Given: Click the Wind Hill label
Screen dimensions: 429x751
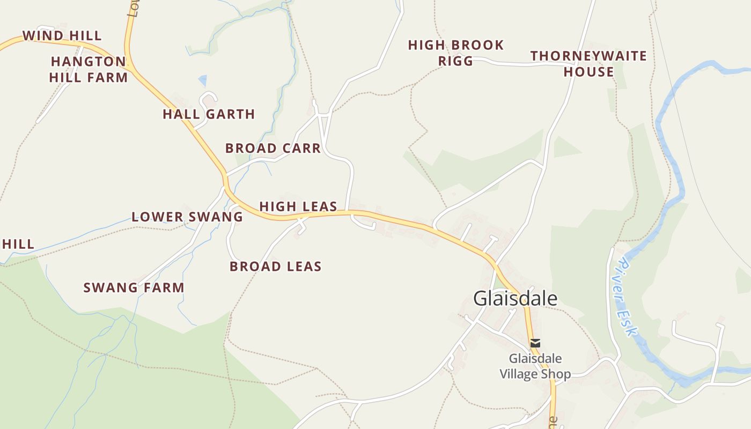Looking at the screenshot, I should click(x=62, y=36).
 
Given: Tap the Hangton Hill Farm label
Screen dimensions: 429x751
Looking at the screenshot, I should click(x=89, y=70).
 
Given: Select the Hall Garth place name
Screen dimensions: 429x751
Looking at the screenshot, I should click(x=209, y=114).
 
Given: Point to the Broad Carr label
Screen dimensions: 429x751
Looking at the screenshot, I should click(x=273, y=149).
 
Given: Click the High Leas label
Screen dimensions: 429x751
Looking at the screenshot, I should click(x=298, y=206).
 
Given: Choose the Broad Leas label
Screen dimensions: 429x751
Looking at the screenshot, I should click(x=276, y=267).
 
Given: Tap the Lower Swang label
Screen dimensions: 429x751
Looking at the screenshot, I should click(x=187, y=217).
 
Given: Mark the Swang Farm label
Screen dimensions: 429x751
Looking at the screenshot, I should click(x=134, y=287).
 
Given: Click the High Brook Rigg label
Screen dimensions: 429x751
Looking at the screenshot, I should click(x=456, y=53).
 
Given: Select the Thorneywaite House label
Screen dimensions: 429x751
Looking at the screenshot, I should click(x=588, y=64).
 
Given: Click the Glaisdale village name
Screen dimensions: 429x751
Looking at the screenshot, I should click(x=515, y=299).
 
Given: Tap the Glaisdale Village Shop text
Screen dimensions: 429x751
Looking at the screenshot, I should click(x=535, y=366).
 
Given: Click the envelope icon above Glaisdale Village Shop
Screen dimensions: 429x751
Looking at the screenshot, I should click(x=535, y=343).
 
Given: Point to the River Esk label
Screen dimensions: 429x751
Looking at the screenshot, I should click(x=627, y=297).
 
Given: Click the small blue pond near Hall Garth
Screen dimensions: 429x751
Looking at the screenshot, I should click(x=203, y=80).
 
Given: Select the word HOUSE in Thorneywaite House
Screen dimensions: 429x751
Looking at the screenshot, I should click(x=588, y=72).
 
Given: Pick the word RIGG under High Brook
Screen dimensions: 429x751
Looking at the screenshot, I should click(x=456, y=61).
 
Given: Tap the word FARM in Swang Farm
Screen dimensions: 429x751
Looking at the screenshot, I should click(x=164, y=287).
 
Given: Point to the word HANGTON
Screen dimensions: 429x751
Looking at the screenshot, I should click(x=89, y=62).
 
